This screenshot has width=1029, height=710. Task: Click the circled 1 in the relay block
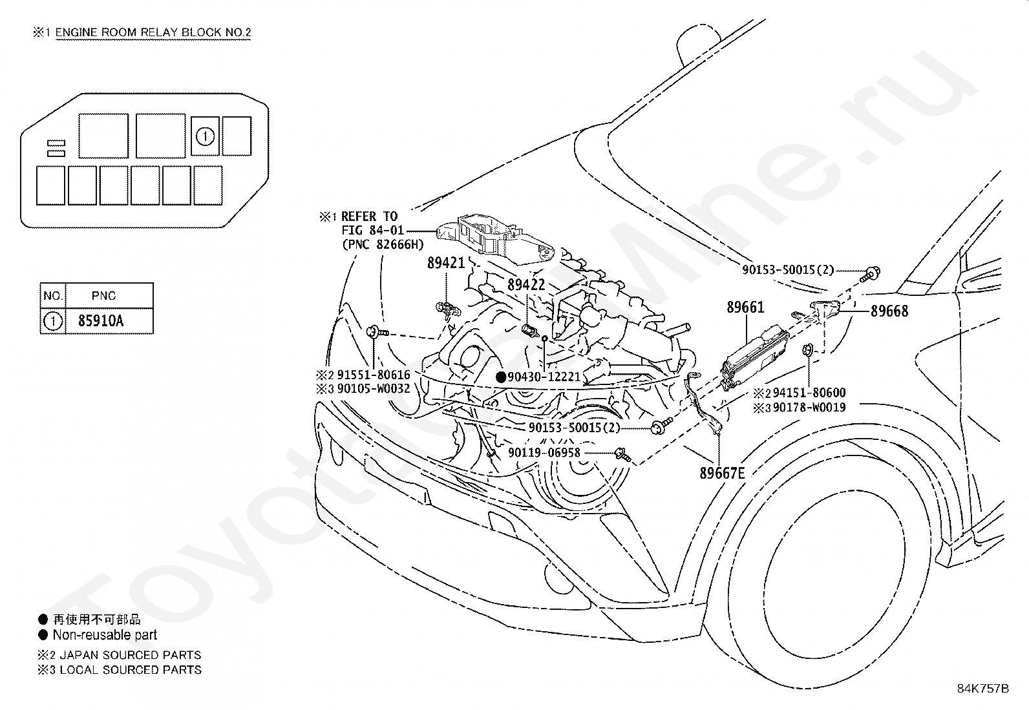coord(205,136)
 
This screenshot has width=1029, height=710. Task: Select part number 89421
coord(446,263)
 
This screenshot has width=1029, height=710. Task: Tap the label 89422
coord(526,285)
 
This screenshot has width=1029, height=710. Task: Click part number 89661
coord(745,307)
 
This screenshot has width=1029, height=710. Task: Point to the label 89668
coord(889,311)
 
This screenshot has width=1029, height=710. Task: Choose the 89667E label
coord(722,472)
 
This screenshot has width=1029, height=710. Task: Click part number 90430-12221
coord(544,377)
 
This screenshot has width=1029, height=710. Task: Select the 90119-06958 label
coord(544,452)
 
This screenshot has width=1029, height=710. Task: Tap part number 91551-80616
coord(374,374)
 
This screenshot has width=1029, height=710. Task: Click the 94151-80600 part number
coord(809,393)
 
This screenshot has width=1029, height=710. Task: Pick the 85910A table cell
coord(101,320)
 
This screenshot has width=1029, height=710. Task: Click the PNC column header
coord(103,296)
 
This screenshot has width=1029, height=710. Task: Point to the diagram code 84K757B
coord(982,689)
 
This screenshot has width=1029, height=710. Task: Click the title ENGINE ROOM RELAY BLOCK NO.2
coord(153,32)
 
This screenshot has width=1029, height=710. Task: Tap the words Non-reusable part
coord(105,634)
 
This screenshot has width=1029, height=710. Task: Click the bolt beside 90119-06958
coord(622,454)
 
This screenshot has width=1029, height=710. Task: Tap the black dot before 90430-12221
coord(501,377)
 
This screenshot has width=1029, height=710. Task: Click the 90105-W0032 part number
coord(374,388)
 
